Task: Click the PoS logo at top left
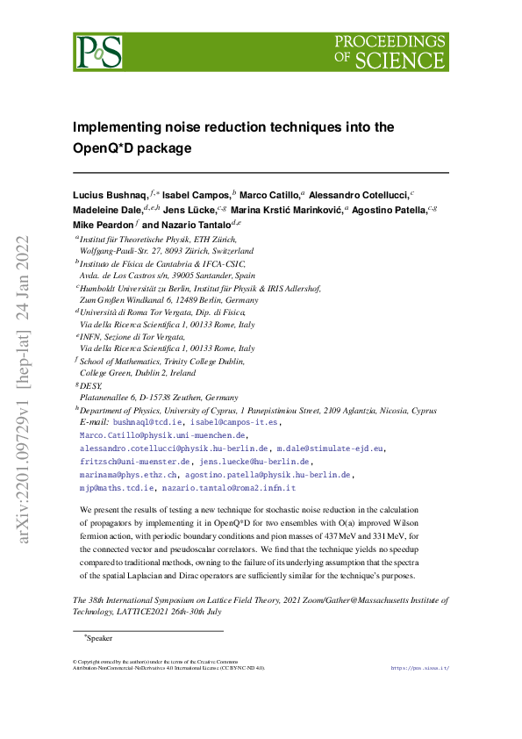(97, 52)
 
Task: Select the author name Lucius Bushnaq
(110, 194)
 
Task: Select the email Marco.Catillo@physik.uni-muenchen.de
(163, 434)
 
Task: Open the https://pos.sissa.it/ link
(419, 667)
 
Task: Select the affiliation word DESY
(90, 385)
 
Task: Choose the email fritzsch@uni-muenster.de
(135, 461)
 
